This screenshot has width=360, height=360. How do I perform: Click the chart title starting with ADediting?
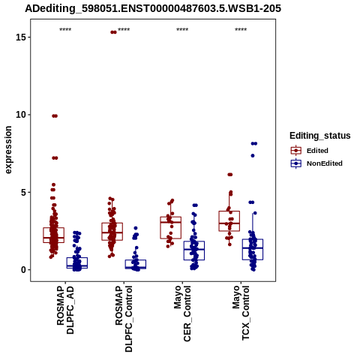coord(153,9)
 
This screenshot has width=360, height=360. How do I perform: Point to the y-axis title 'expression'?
coord(8,150)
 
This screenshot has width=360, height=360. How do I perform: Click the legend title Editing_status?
coord(320,136)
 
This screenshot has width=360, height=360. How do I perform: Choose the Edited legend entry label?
coord(317,151)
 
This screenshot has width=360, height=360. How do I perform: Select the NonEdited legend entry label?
coord(325,163)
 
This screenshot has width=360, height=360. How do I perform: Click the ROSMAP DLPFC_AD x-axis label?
coord(65,310)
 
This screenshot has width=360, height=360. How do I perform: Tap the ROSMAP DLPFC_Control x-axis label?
coord(124,319)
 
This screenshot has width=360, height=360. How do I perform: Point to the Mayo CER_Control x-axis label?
coord(182,313)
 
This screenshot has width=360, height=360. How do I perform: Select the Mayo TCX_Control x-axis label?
coord(241,313)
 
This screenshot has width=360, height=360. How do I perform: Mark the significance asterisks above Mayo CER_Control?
coord(182,30)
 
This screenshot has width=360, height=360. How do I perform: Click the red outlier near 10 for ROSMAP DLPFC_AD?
coord(55,115)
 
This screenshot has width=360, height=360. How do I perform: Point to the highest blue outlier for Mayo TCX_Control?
coord(254,143)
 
